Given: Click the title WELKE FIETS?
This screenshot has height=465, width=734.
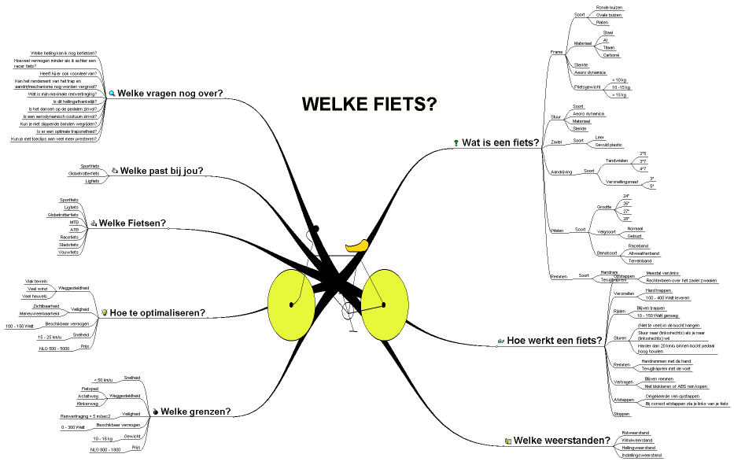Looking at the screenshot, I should pyautogui.click(x=369, y=104).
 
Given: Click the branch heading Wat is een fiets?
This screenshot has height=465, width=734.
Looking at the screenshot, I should pyautogui.click(x=500, y=143).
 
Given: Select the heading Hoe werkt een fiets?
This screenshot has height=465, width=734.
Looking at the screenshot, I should pyautogui.click(x=555, y=341).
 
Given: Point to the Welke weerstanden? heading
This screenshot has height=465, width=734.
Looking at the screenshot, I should pyautogui.click(x=562, y=441).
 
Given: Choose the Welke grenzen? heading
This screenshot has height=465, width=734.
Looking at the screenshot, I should pyautogui.click(x=196, y=411).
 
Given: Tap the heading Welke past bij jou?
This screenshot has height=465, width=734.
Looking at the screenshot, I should pyautogui.click(x=161, y=170).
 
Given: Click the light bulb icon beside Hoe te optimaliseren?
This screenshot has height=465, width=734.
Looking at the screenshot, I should pyautogui.click(x=102, y=312).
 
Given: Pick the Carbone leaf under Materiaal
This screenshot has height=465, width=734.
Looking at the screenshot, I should pyautogui.click(x=610, y=55).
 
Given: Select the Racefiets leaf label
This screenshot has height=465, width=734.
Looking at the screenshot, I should pyautogui.click(x=69, y=235).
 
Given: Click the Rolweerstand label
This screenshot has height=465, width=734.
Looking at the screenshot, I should pyautogui.click(x=635, y=432).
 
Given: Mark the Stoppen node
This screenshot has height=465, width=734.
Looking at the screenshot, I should pyautogui.click(x=621, y=413).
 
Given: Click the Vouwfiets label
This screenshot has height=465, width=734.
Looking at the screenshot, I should pyautogui.click(x=68, y=252).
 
